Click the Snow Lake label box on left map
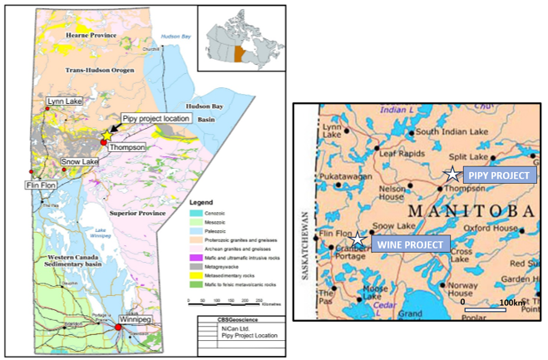click(x=80, y=161)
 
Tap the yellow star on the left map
click(x=106, y=135)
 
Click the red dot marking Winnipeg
click(x=118, y=328)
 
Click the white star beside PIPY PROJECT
click(x=452, y=175)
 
